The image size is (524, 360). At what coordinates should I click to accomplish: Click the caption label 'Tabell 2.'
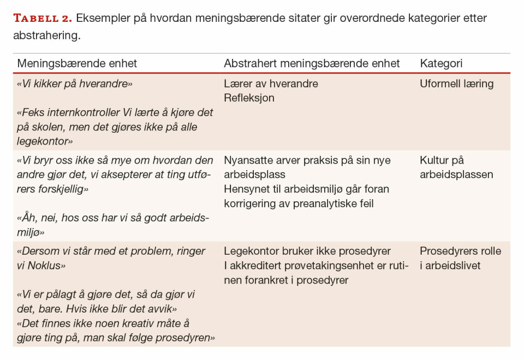coord(42,18)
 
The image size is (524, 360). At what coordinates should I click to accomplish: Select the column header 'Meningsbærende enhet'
coord(77,63)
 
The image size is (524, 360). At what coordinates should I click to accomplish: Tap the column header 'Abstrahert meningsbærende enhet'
coord(312,63)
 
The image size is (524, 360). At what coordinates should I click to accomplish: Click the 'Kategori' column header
coord(441,63)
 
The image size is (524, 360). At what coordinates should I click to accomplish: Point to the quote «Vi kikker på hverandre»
coord(75,84)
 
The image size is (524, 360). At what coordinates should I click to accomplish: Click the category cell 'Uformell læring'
coord(456,84)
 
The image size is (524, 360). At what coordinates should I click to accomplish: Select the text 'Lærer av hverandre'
coord(271,84)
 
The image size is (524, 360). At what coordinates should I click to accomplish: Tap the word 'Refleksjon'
coord(249,98)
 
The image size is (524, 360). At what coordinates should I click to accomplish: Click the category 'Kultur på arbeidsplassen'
coord(456,167)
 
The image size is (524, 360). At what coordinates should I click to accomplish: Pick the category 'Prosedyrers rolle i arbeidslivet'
coord(460,259)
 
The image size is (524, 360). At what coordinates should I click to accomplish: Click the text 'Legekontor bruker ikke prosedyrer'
coord(307,251)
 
